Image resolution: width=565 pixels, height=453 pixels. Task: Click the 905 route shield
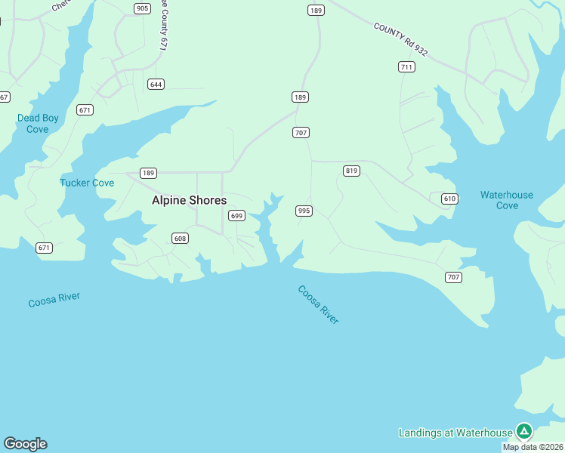pyautogui.click(x=142, y=8)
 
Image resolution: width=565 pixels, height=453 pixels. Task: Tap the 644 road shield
pyautogui.click(x=156, y=84)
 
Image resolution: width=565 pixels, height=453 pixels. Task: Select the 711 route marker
pyautogui.click(x=406, y=67)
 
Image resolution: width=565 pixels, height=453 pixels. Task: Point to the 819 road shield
pyautogui.click(x=351, y=171)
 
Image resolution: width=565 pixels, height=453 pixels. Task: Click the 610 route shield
pyautogui.click(x=449, y=199)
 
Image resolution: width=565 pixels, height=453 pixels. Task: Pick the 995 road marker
pyautogui.click(x=304, y=211)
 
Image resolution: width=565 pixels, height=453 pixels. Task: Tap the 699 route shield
pyautogui.click(x=236, y=216)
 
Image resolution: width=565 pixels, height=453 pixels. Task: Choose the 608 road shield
pyautogui.click(x=180, y=239)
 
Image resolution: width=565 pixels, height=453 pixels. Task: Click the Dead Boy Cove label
pyautogui.click(x=38, y=123)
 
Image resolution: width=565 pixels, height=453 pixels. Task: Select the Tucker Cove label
pyautogui.click(x=87, y=183)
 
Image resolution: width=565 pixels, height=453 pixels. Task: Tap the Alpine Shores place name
pyautogui.click(x=189, y=200)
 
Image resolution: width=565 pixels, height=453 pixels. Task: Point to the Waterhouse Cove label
pyautogui.click(x=507, y=200)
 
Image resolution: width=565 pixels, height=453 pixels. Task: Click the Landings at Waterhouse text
pyautogui.click(x=455, y=433)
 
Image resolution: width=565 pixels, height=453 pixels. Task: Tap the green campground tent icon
pyautogui.click(x=524, y=431)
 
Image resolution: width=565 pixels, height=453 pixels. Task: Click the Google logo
pyautogui.click(x=25, y=444)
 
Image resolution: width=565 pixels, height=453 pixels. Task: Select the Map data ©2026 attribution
pyautogui.click(x=533, y=447)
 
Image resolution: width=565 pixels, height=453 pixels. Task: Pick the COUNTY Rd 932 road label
pyautogui.click(x=400, y=39)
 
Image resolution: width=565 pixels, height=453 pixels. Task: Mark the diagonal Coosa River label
pyautogui.click(x=318, y=304)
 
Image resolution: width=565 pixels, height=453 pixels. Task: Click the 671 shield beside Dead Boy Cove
pyautogui.click(x=85, y=110)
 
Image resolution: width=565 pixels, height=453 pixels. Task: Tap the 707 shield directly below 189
pyautogui.click(x=301, y=133)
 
